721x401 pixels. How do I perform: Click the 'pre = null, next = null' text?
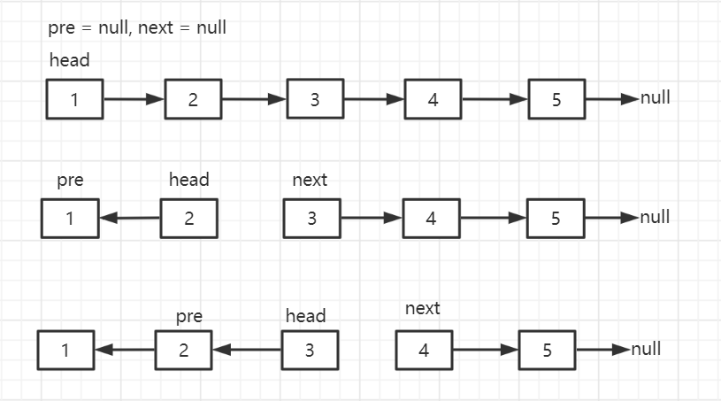point(137,27)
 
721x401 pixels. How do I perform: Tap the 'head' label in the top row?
point(69,60)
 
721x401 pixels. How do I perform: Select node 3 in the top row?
point(315,99)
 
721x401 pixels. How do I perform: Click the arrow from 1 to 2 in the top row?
point(134,99)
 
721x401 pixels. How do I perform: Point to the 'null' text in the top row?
point(656,97)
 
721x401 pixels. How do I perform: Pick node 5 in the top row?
point(556,99)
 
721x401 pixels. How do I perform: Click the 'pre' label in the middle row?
point(70,180)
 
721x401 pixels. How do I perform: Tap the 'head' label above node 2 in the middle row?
point(189,180)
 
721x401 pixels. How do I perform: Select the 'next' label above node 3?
point(310,180)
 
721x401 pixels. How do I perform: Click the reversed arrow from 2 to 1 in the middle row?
point(130,218)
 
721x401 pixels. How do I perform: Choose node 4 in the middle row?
point(432,219)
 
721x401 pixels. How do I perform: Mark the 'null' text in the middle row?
point(655,217)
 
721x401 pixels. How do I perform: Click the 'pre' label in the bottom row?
point(189,316)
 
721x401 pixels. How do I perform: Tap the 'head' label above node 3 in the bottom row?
point(306,316)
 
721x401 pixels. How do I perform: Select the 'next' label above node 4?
point(423,309)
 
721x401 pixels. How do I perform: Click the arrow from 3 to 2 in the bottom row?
point(247,350)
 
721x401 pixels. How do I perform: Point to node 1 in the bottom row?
point(65,350)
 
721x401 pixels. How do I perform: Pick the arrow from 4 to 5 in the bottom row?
point(486,350)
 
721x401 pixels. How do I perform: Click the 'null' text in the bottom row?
point(646,349)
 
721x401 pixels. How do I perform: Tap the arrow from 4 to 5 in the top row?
point(495,99)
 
